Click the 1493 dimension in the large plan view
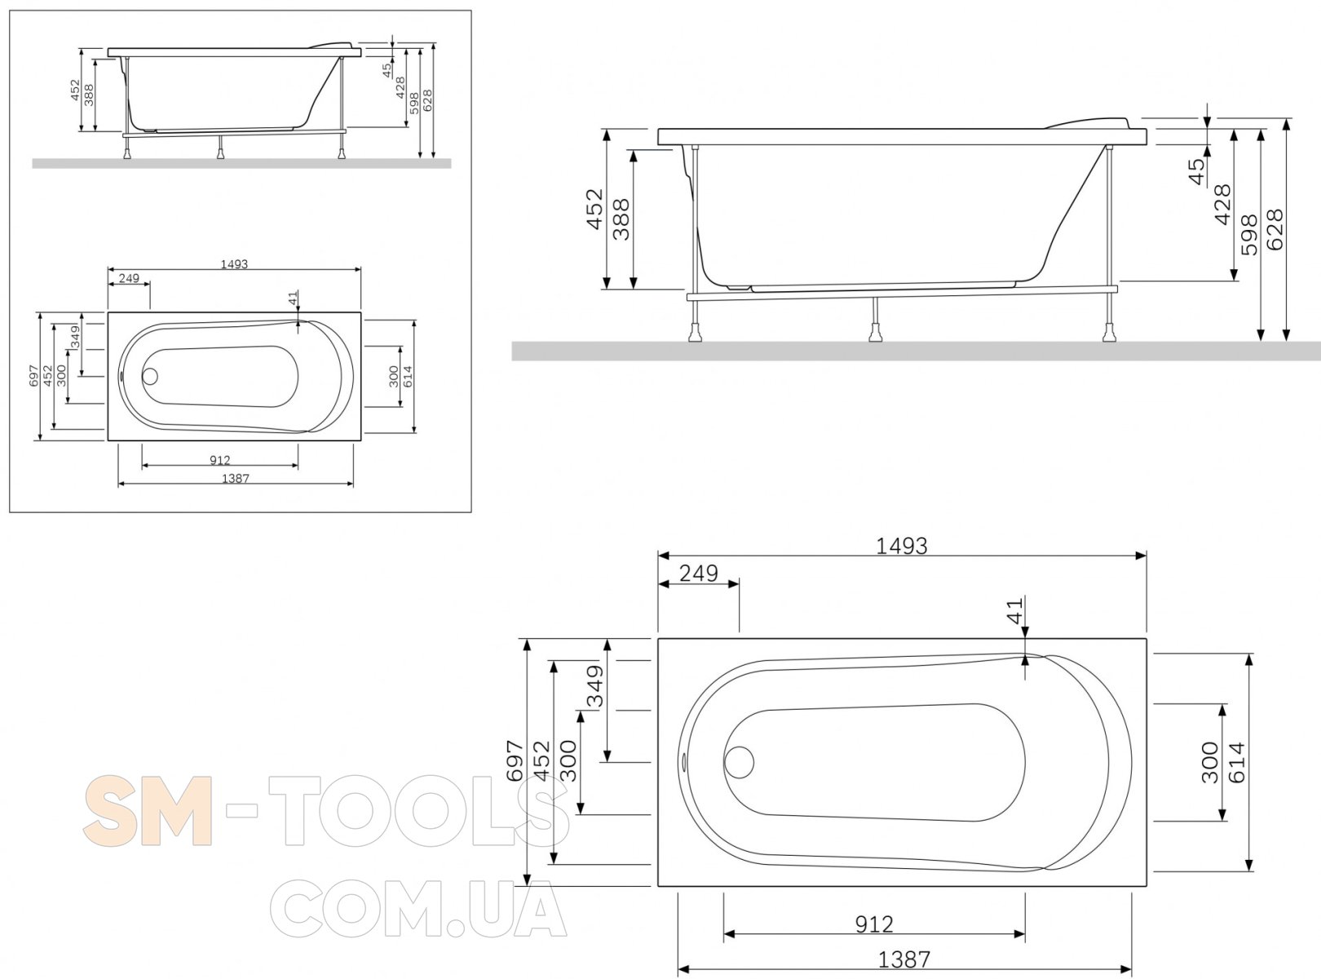(901, 546)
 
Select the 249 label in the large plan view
(699, 574)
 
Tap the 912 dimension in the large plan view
(874, 924)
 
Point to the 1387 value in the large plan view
(903, 959)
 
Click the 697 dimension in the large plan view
(514, 761)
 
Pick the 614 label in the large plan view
(1236, 762)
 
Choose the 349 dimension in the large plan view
(594, 686)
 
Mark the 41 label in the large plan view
(1014, 610)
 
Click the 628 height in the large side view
(1275, 229)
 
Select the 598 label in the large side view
(1249, 235)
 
